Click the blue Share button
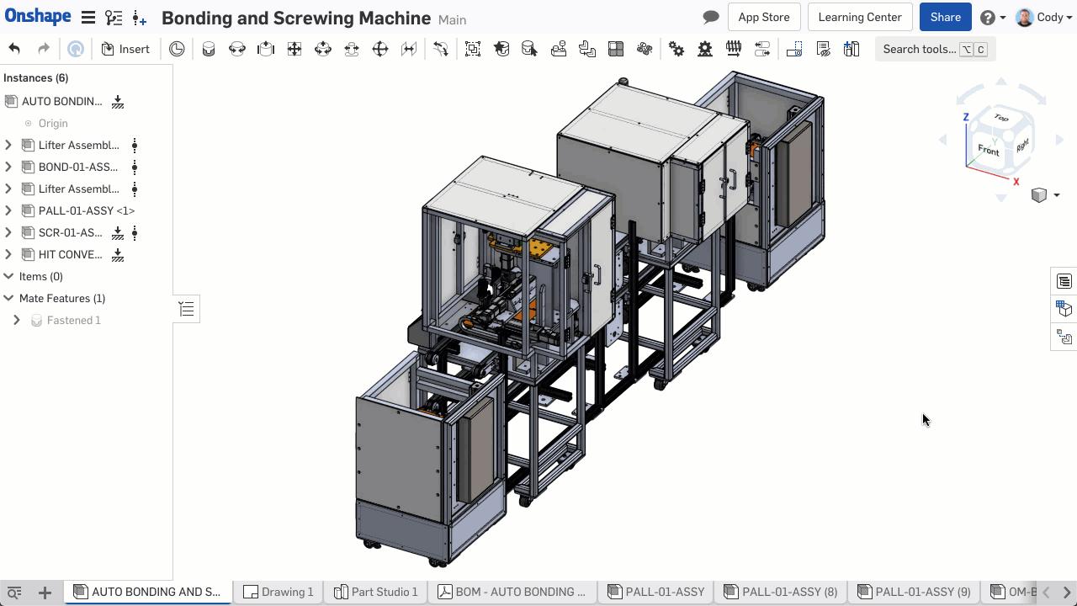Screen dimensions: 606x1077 point(945,17)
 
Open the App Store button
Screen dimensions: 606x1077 point(763,17)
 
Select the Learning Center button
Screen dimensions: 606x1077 point(859,17)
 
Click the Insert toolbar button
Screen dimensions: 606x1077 point(125,49)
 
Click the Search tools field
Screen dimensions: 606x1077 point(919,49)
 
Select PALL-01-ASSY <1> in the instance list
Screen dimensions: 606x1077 point(86,210)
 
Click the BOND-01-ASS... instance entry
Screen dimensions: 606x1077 point(77,167)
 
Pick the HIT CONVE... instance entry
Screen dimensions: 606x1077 point(70,254)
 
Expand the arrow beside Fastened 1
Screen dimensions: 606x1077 point(17,320)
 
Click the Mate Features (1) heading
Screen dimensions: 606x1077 point(61,298)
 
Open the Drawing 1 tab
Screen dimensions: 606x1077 point(279,592)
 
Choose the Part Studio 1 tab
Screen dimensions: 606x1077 point(376,592)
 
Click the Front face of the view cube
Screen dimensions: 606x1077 point(988,151)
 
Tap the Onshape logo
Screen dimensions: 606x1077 point(38,17)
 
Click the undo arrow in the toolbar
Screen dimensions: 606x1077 point(14,49)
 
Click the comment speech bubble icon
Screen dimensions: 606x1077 point(711,17)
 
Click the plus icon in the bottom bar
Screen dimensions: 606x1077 point(45,593)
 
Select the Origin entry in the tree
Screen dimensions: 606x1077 point(52,123)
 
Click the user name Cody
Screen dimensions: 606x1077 point(1049,17)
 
